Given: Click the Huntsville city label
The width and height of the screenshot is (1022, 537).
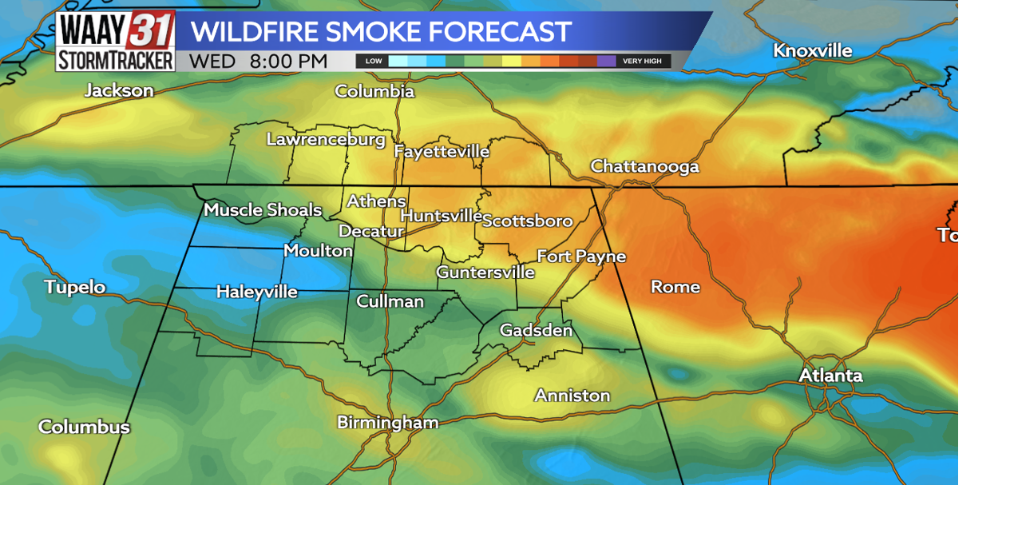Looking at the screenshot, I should (x=441, y=216).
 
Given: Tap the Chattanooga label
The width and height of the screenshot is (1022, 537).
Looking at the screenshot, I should (x=644, y=166).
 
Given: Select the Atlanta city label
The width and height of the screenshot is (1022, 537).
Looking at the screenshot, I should (x=830, y=375).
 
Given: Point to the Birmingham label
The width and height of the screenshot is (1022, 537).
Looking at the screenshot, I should (x=387, y=422).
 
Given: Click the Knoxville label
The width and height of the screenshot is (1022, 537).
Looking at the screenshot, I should (x=812, y=50).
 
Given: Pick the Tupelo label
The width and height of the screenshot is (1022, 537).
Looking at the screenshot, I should (x=74, y=287).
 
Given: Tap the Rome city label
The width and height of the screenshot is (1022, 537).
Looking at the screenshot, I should (x=675, y=286).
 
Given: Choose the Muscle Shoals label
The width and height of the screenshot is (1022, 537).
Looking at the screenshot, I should (x=262, y=209).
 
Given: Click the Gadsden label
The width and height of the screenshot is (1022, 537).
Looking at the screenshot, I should (x=536, y=330).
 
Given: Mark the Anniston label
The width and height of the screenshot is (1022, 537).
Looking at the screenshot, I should (x=572, y=395).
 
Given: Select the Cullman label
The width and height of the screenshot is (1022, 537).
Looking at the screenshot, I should (x=390, y=301).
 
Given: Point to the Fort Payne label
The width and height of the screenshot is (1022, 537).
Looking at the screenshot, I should (x=580, y=256).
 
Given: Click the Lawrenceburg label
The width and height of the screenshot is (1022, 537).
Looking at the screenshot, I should (x=326, y=139).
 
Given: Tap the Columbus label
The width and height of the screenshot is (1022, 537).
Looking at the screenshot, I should (x=84, y=427).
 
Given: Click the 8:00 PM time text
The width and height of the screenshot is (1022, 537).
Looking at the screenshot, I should (x=288, y=61).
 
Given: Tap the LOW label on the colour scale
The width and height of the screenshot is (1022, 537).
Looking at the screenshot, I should (x=373, y=62).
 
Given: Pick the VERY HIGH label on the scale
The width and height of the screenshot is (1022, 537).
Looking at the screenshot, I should (x=642, y=62).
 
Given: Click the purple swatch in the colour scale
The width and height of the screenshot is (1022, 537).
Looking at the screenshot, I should (x=606, y=61).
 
